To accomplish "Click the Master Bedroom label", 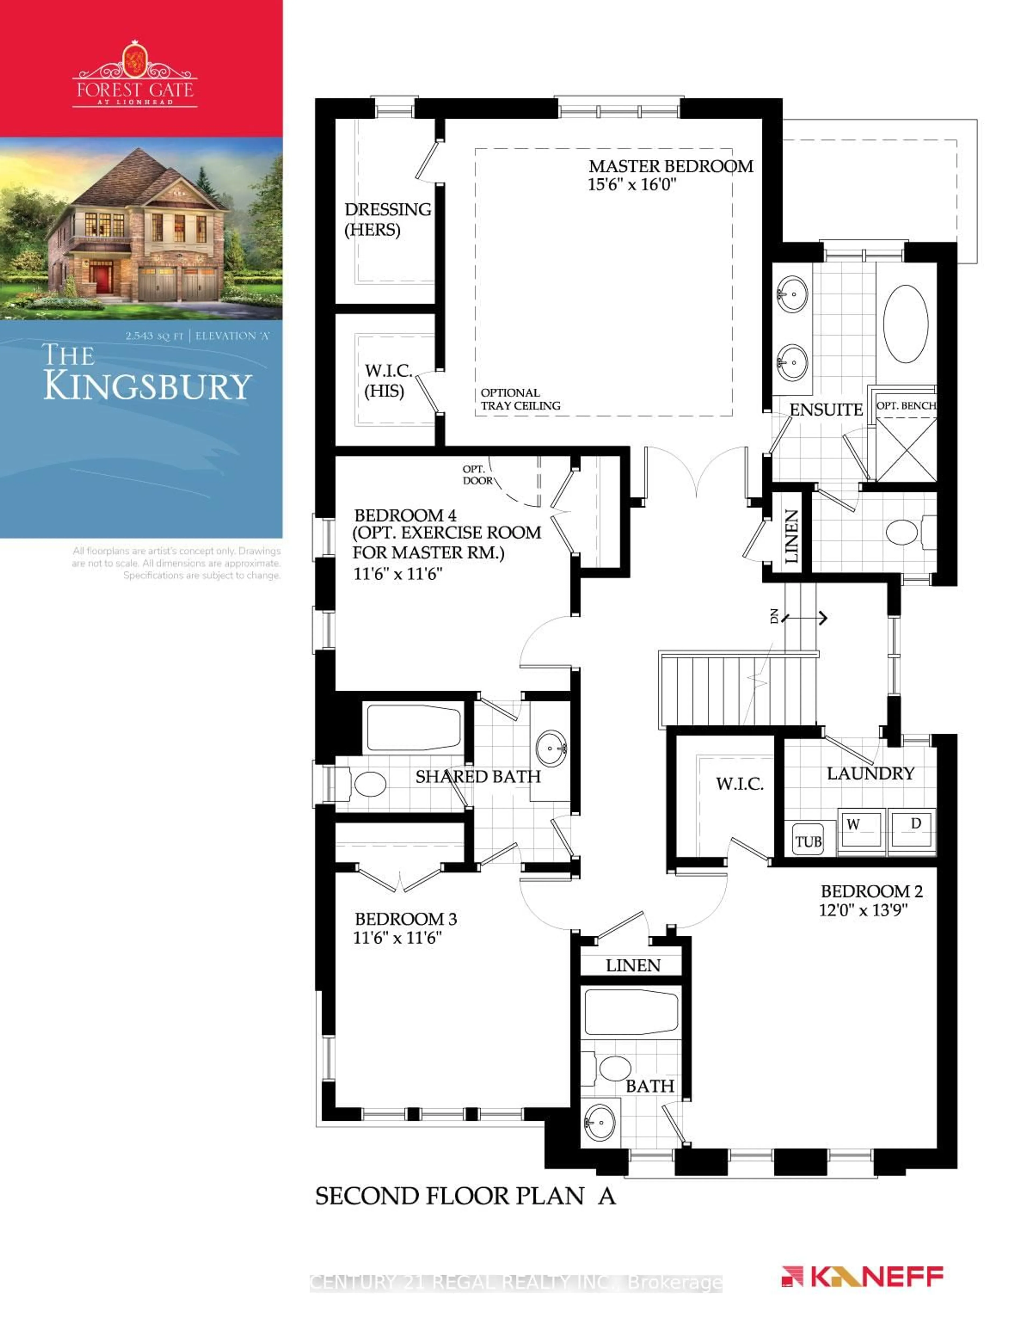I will [671, 166].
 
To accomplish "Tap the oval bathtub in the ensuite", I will [905, 323].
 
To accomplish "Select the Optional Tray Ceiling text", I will [520, 399].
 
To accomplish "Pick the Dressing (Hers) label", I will [387, 219].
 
